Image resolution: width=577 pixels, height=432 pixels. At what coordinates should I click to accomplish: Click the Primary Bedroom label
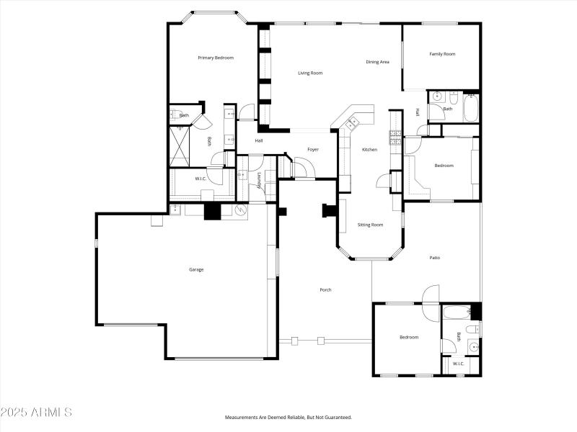pos(216,58)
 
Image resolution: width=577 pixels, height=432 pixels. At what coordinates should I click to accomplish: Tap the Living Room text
pos(310,73)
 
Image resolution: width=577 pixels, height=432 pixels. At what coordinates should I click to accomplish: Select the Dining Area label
pos(377,62)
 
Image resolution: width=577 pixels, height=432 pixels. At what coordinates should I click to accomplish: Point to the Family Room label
pos(442,54)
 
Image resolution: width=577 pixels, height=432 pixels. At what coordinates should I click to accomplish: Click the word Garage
pos(196,269)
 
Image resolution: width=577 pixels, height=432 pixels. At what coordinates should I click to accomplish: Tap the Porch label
pos(325,289)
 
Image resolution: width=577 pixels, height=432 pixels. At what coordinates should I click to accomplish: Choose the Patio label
pos(434,257)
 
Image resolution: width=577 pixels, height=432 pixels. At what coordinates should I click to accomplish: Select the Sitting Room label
pos(370,225)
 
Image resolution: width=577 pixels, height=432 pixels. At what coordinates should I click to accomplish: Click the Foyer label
pos(313,149)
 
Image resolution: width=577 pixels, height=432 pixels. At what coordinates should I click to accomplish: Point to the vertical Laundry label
pos(259,180)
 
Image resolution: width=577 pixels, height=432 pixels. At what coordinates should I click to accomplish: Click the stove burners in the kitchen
pos(395,137)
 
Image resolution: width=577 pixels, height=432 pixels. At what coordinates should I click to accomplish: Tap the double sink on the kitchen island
pos(352,123)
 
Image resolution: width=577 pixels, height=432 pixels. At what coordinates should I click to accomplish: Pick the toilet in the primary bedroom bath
pos(176,114)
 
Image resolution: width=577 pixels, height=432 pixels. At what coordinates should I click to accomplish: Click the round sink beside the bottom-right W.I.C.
pos(473,346)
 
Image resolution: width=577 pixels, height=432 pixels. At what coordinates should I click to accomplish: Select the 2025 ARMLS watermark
pos(36,413)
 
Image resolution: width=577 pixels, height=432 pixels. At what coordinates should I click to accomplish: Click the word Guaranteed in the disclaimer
pos(335,418)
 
